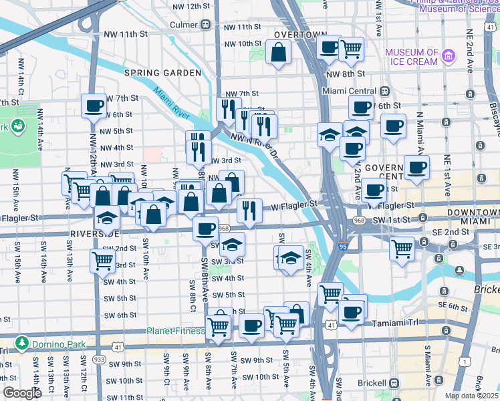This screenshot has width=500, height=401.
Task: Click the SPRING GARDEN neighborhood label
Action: [162, 72]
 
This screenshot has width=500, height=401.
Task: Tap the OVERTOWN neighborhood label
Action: [299, 35]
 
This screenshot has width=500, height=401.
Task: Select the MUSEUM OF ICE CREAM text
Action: [411, 57]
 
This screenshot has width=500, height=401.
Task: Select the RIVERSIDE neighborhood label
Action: [94, 234]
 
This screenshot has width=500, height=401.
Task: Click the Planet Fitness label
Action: [175, 331]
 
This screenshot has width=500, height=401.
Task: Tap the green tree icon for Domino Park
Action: [23, 343]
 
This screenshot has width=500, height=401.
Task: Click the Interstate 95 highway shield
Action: [342, 246]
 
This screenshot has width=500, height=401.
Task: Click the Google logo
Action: [22, 393]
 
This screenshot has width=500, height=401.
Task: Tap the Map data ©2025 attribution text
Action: [471, 396]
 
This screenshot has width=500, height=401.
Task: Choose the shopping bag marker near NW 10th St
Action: [278, 51]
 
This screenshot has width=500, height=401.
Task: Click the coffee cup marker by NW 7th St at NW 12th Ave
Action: [94, 106]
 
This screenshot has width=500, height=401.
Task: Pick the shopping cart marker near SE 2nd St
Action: [402, 249]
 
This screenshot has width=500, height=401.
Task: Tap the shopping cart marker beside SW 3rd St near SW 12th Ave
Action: [102, 261]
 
